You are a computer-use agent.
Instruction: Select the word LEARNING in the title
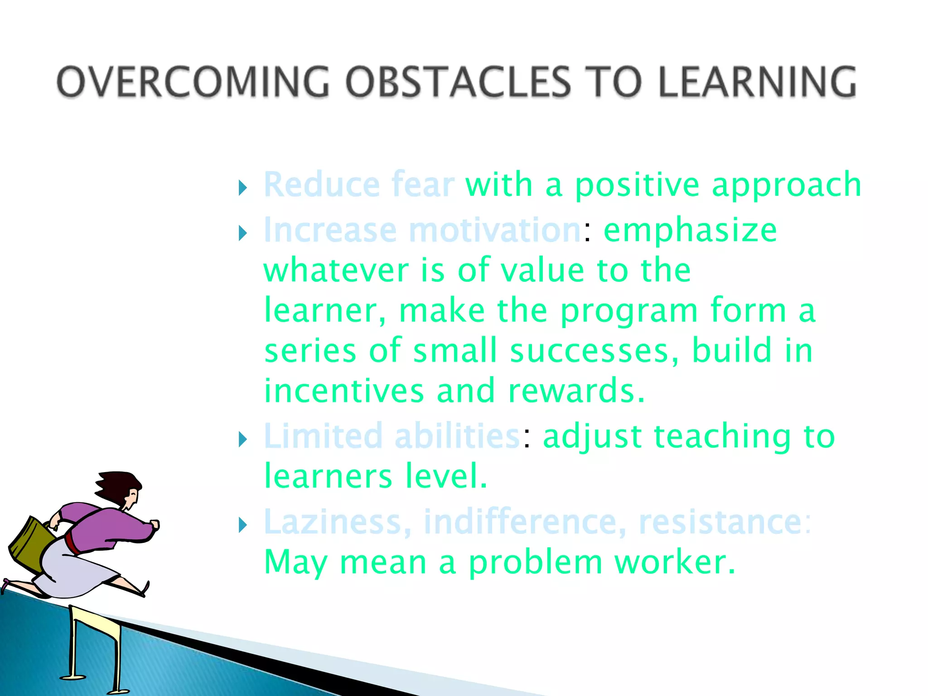(757, 82)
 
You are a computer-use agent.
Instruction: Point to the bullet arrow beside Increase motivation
(243, 233)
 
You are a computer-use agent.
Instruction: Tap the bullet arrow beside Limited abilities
(243, 439)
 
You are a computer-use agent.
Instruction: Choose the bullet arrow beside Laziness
(243, 525)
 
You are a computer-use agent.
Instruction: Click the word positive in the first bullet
(637, 186)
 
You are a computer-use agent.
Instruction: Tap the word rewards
(575, 391)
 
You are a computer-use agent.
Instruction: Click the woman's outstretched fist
(155, 525)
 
